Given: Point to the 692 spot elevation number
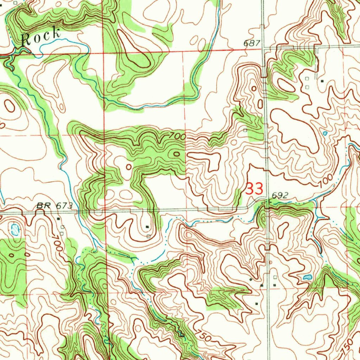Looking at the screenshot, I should tap(280, 195).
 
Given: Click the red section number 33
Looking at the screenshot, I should tap(254, 189).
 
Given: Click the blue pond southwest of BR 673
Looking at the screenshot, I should tap(15, 230).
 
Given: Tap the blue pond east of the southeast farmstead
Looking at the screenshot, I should tap(307, 277).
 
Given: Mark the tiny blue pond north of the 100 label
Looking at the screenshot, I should tap(324, 133).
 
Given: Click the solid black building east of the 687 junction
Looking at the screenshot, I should tap(323, 81).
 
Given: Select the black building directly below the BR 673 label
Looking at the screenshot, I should tap(58, 219).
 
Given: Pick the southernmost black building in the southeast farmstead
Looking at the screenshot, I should tap(256, 303).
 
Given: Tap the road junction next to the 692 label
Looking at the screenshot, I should tap(266, 203).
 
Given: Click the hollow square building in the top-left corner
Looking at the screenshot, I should tap(15, 3).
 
